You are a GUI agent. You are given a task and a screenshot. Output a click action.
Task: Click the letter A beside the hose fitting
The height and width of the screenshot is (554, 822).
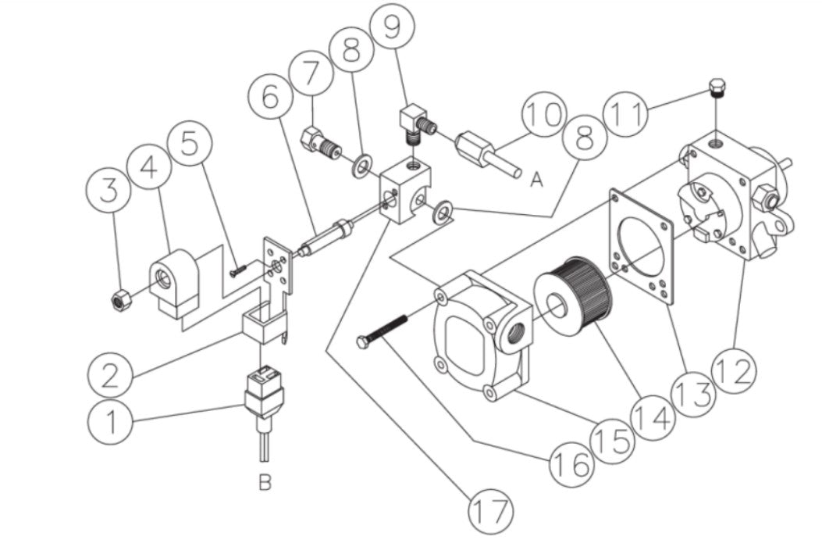pos(536,180)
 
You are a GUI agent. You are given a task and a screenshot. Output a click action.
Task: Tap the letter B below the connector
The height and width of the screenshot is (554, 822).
pos(265,484)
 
